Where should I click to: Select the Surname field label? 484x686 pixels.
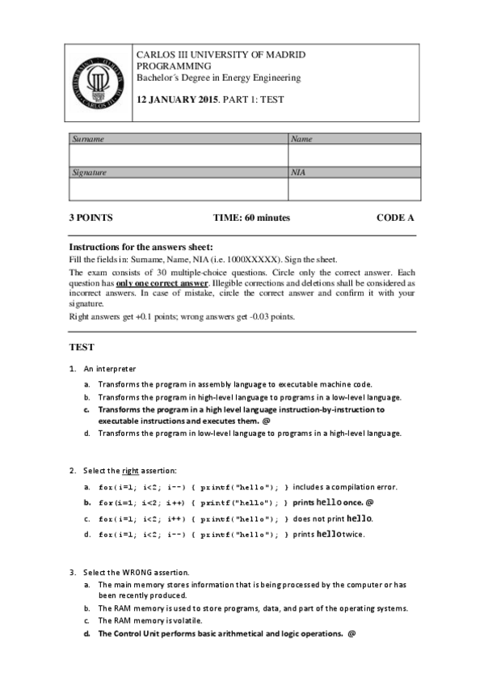point(88,139)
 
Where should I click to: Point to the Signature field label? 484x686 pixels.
point(90,172)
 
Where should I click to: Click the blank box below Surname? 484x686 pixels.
point(178,155)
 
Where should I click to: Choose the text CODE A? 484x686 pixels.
point(395,218)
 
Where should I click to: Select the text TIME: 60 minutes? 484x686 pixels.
point(251,218)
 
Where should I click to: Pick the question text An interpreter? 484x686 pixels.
point(103,369)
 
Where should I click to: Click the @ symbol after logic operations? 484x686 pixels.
point(351,633)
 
